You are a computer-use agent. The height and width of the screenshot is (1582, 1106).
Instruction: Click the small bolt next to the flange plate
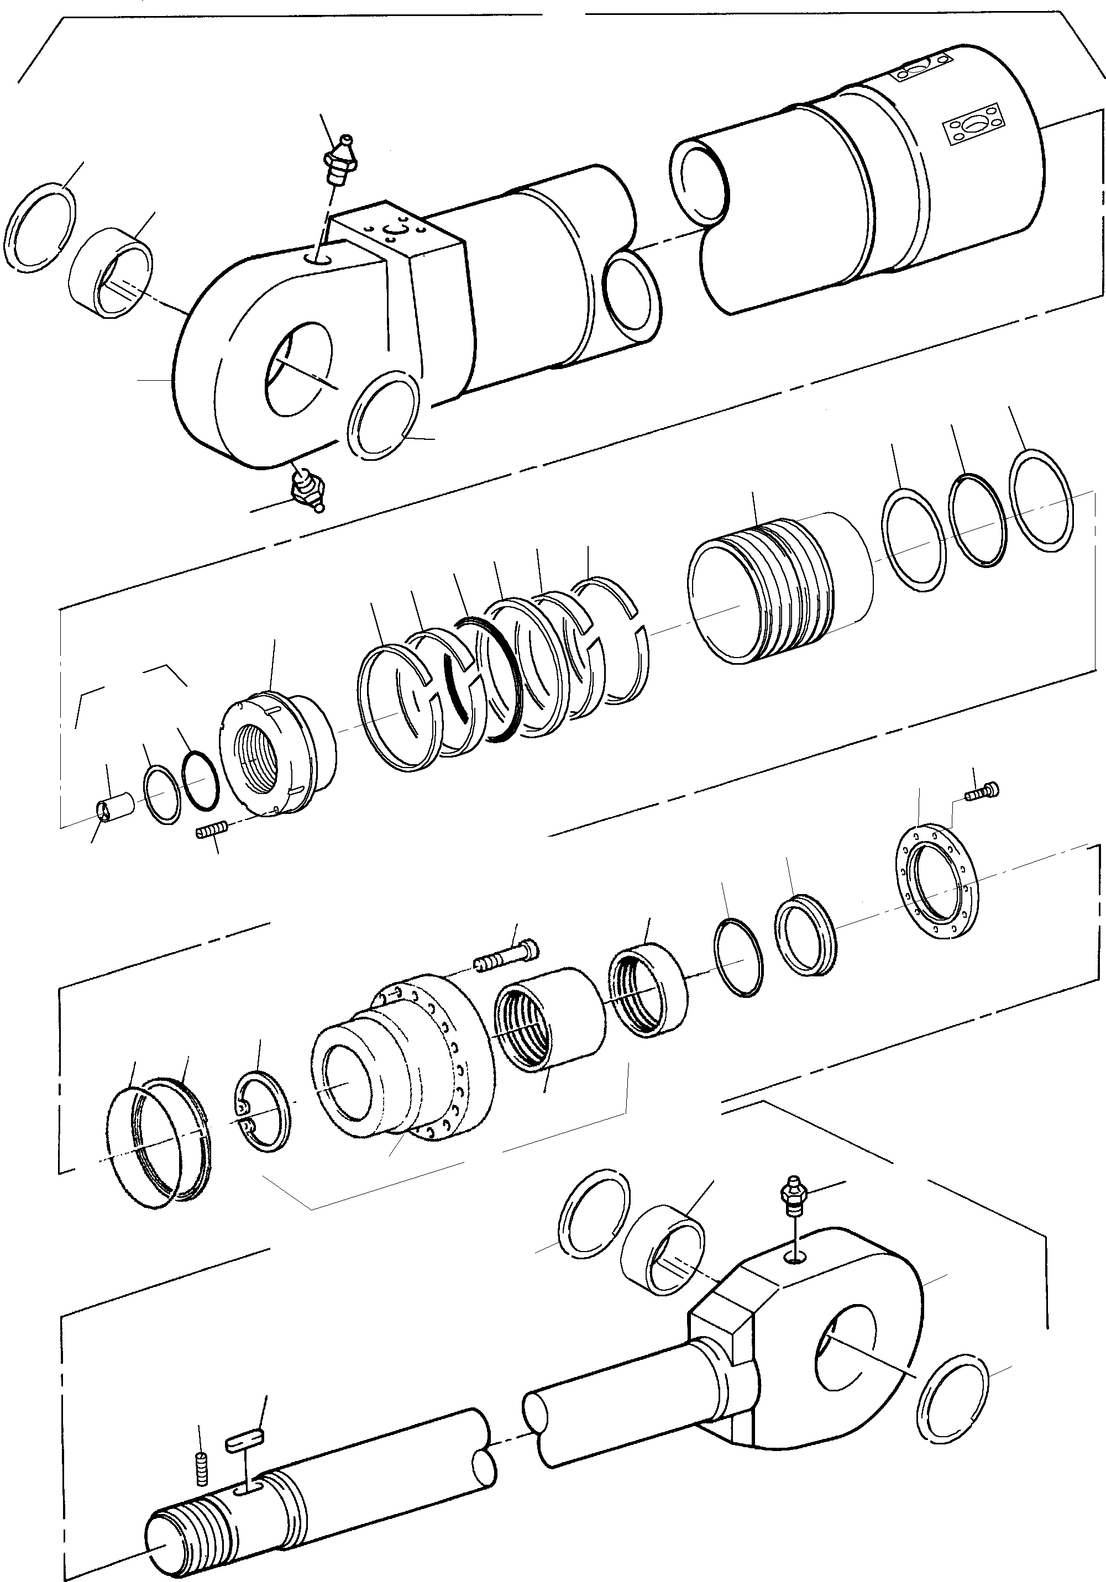click(x=981, y=793)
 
